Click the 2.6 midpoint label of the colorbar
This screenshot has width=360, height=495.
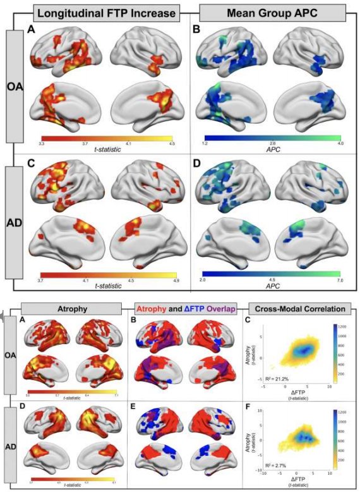point(273,144)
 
